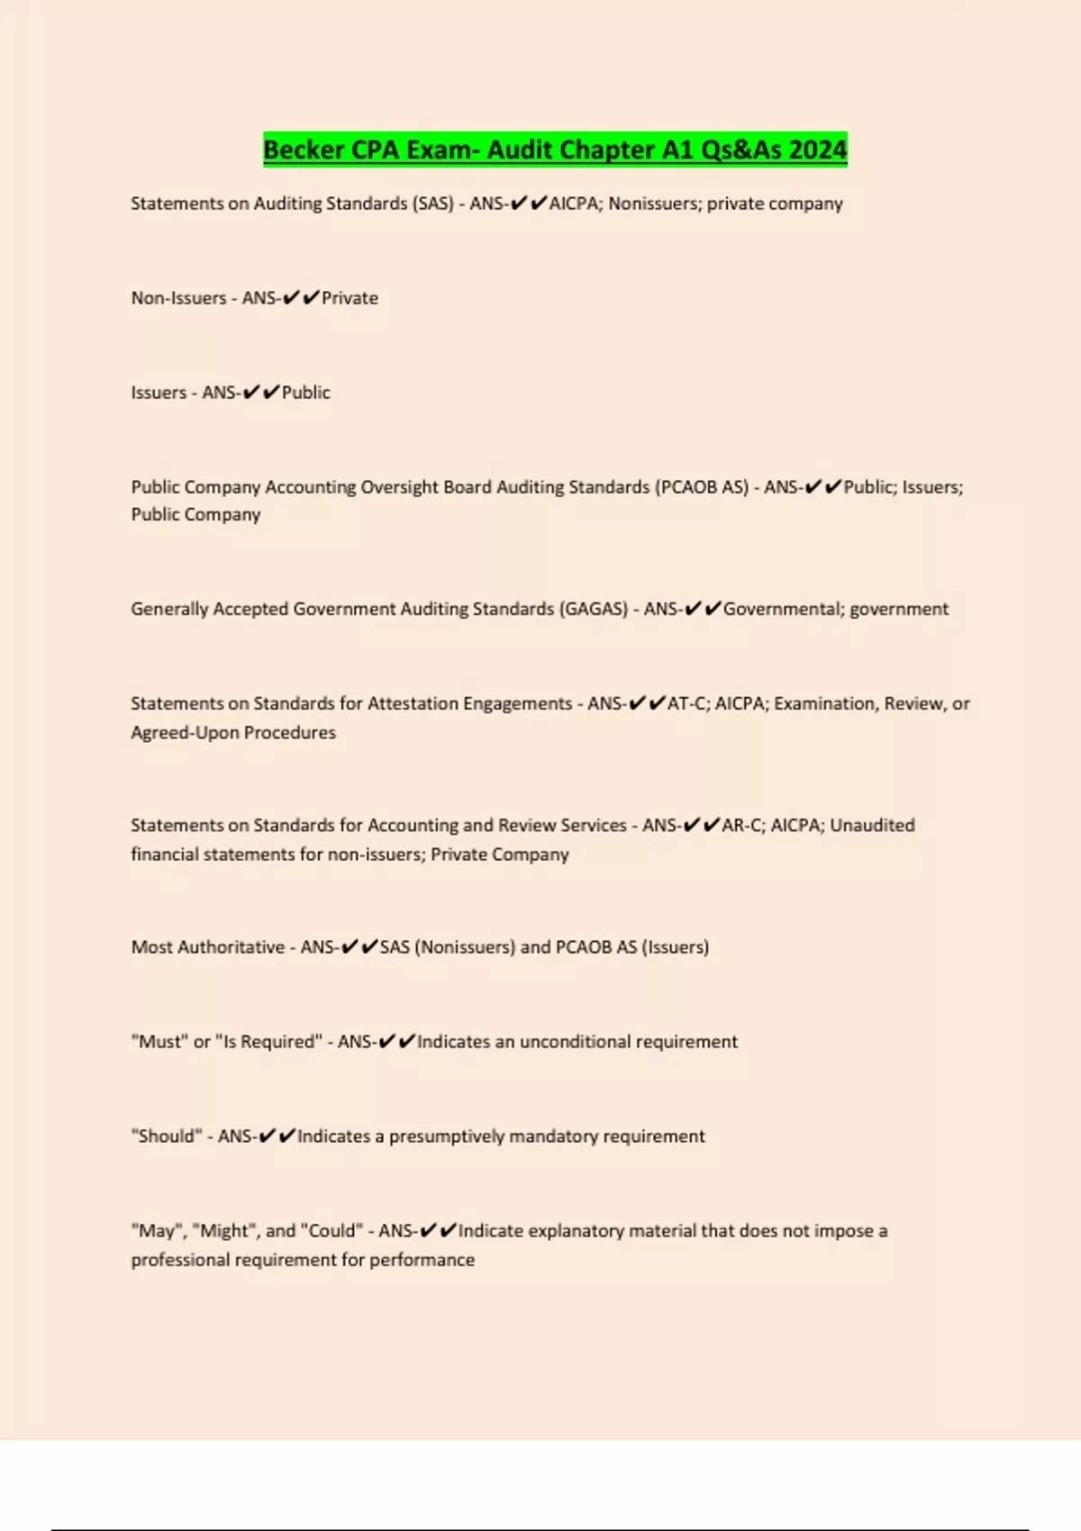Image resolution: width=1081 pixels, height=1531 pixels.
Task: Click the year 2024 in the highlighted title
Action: click(818, 149)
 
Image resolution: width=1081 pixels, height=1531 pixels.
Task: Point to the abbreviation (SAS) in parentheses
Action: click(432, 204)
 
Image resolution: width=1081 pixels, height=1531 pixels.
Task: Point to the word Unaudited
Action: click(872, 825)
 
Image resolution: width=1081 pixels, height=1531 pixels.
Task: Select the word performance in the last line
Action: click(422, 1259)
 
